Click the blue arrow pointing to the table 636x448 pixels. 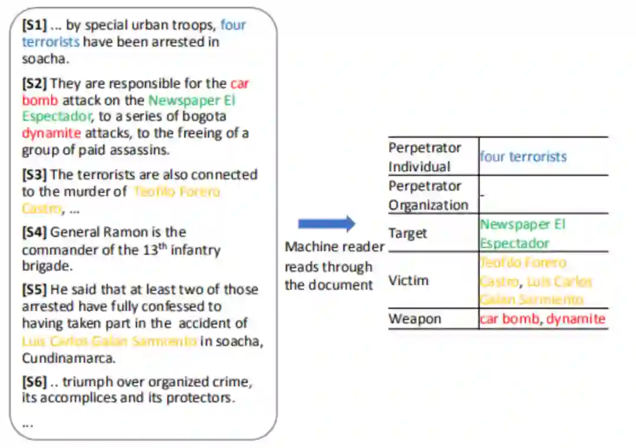326,224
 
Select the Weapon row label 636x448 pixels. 415,319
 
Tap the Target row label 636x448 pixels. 408,233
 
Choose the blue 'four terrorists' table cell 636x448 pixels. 523,157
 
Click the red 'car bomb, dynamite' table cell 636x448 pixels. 542,319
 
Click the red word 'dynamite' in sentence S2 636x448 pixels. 51,133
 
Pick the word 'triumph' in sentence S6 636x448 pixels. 88,382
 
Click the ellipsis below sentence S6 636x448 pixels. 28,423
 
